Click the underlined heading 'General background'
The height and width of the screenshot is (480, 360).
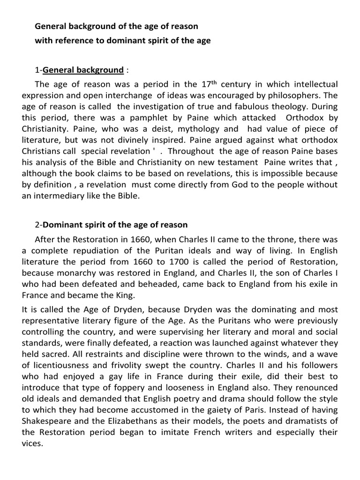coord(83,70)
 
